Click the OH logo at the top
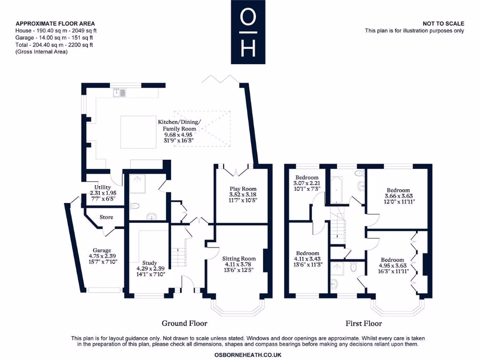coord(248,32)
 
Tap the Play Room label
coord(243,189)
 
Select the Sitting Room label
coord(239,259)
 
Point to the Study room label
coord(150,263)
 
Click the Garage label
coord(102,250)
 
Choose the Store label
coord(106,217)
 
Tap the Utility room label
coord(103,187)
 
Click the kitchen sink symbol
coord(120,92)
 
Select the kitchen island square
coord(138,132)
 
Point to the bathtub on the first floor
coord(337,190)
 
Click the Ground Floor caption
coord(185,323)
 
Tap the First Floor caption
coord(364,323)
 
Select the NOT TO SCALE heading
coord(443,23)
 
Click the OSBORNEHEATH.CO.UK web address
coord(248,355)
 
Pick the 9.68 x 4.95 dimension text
coord(179,135)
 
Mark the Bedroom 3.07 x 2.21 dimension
coord(307,183)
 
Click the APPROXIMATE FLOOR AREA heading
coord(55,23)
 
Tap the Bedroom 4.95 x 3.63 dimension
coord(392,266)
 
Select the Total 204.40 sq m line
coord(54,45)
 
